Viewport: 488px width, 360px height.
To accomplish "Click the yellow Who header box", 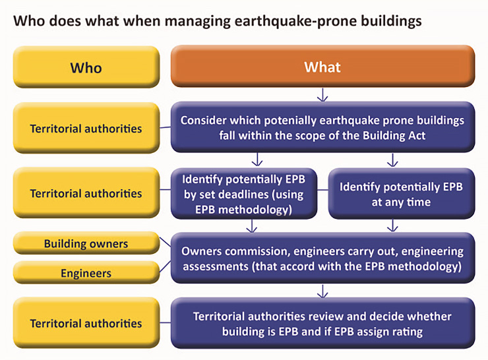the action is tap(86, 67).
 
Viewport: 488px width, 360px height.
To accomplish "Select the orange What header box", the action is tap(322, 66).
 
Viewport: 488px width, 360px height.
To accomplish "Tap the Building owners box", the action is tap(86, 243).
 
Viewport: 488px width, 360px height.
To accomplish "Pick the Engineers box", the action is tap(86, 272).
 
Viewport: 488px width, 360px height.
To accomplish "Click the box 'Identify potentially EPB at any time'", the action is tap(402, 194).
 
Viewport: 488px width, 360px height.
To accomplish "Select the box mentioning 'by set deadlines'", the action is tap(244, 194).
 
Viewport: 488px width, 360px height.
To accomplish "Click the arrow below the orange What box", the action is tap(322, 95).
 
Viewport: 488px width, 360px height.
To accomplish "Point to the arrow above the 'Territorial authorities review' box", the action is tap(322, 291).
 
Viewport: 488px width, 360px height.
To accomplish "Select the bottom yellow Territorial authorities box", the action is tap(86, 323).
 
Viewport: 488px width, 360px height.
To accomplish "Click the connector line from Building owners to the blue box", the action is tap(166, 242).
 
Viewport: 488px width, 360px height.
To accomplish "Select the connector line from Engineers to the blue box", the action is tap(166, 266).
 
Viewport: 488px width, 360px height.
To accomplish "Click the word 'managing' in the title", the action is tap(197, 22).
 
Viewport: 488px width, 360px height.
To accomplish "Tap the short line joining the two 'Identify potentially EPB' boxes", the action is tap(322, 189).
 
